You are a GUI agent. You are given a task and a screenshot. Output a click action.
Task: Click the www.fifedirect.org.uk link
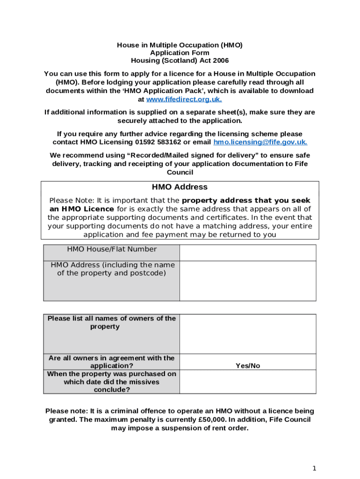coord(184,100)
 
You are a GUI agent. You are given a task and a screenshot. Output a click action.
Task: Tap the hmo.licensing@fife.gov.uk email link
coord(260,142)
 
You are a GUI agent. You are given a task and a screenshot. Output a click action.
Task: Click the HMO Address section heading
coord(180,187)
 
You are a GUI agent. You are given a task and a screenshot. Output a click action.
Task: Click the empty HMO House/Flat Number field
coord(248,253)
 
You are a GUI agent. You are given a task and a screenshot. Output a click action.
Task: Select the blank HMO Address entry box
coord(248,281)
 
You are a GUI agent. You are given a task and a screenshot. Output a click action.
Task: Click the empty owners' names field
coord(248,334)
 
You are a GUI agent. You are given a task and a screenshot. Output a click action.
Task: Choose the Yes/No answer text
coord(248,366)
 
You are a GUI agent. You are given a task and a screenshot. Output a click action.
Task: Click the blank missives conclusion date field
coord(248,382)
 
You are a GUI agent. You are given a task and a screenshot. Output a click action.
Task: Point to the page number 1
coord(315,468)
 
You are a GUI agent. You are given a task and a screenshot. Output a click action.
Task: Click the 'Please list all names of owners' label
coord(112,322)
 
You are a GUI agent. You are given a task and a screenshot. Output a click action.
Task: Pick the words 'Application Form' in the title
coord(180,53)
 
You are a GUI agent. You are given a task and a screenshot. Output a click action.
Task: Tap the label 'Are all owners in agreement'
coord(112,362)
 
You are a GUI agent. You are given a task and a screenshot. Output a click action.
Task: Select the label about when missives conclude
coord(112,382)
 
